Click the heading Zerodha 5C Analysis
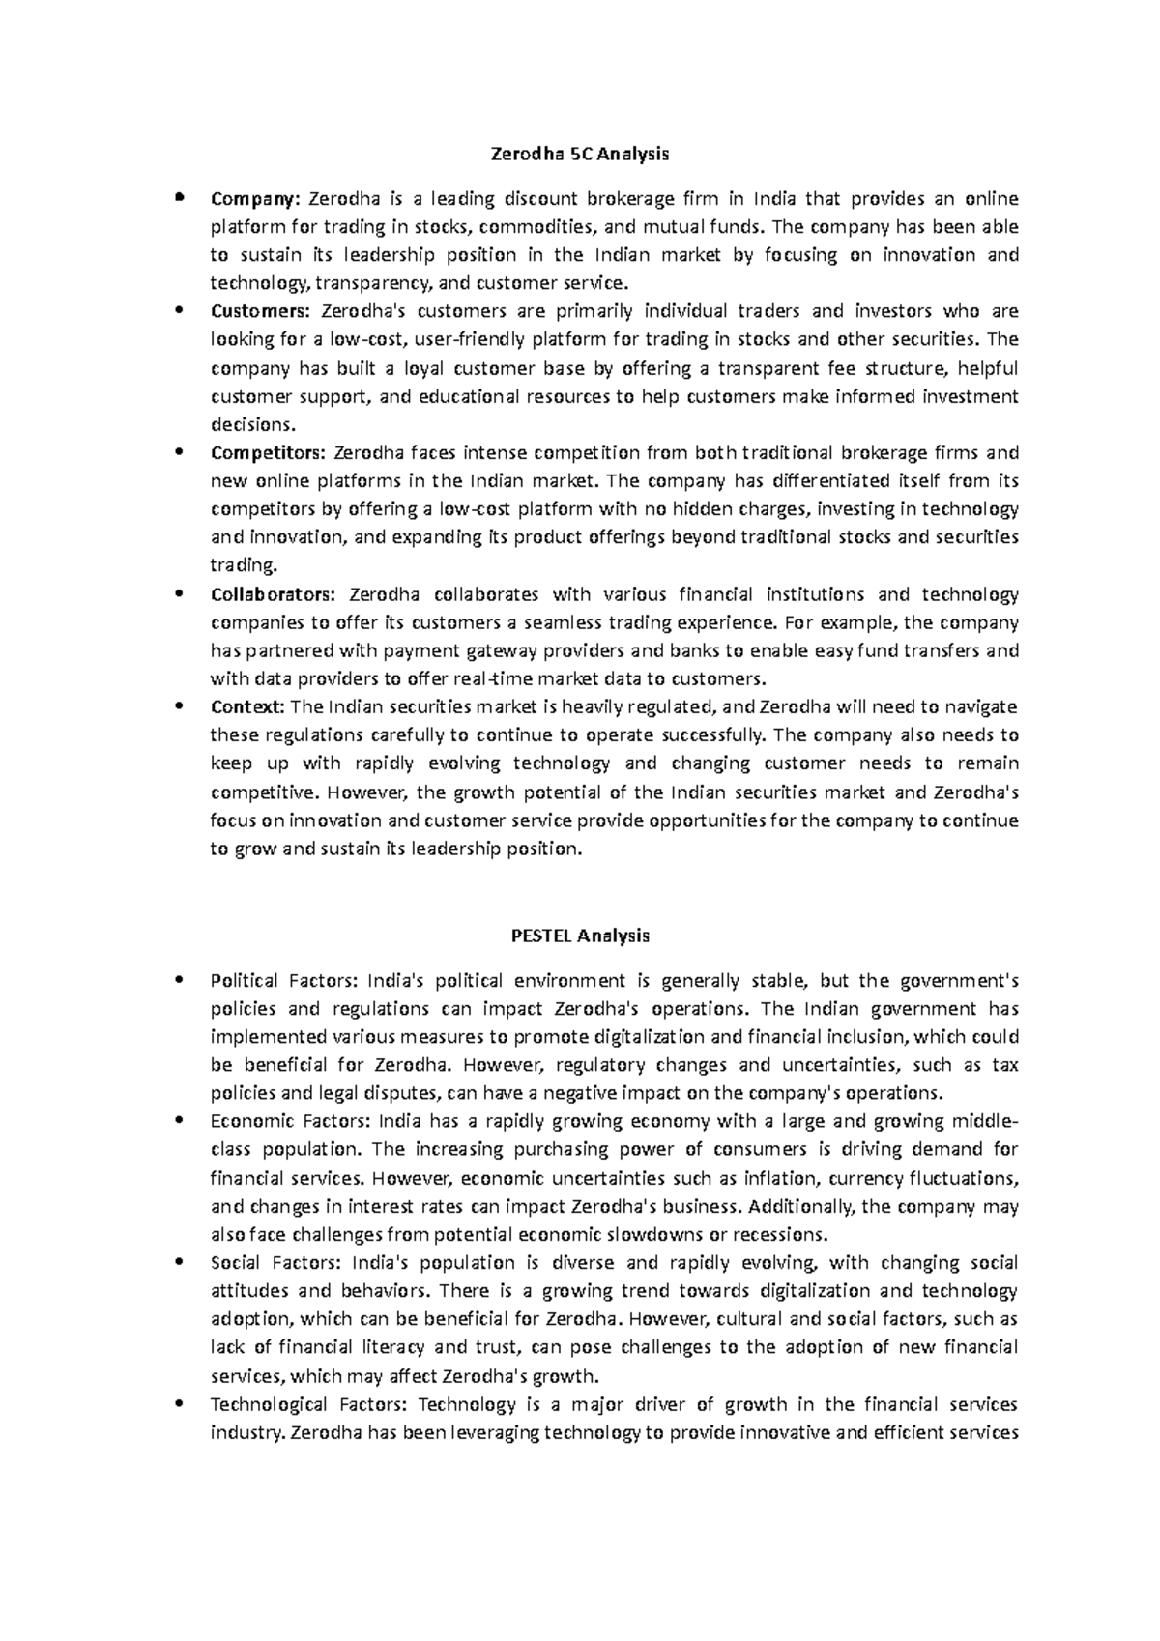[579, 154]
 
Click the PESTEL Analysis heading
[579, 936]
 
